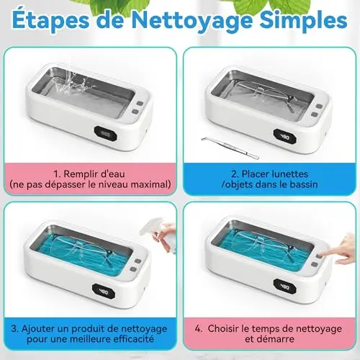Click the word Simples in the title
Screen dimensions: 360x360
(303, 21)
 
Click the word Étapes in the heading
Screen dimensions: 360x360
(50, 20)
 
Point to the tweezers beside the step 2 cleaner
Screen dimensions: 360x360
(230, 148)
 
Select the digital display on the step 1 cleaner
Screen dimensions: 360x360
(105, 134)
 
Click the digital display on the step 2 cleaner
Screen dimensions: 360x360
(285, 137)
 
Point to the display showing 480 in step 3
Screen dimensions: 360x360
(104, 291)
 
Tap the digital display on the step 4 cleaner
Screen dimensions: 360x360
(285, 287)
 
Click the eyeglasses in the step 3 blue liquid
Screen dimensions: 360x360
(81, 250)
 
